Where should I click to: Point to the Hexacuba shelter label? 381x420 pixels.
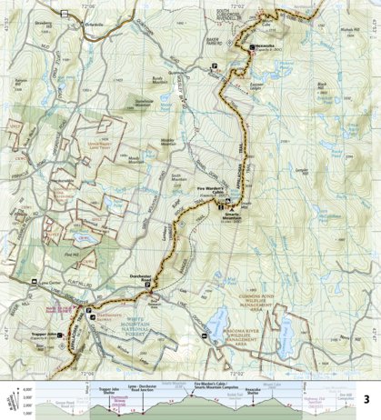coord(264,45)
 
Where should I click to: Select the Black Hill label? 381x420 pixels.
coord(320,87)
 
